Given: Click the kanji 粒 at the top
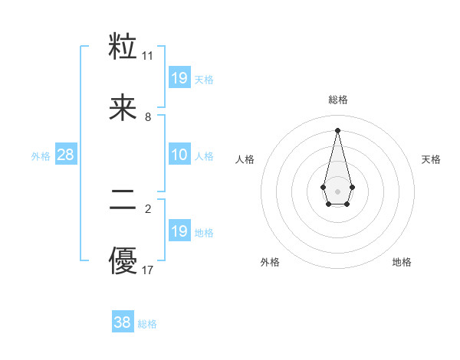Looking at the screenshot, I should [x=123, y=47].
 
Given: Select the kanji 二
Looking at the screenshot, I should [x=123, y=200].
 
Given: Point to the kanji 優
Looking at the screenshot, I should [x=123, y=261].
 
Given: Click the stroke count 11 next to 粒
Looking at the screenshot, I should [x=148, y=56].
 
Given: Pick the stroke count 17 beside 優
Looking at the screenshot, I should [x=148, y=270].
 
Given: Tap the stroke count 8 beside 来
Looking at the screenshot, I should [x=148, y=117].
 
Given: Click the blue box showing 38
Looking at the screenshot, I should [x=123, y=322].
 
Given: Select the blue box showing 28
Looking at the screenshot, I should [x=66, y=155].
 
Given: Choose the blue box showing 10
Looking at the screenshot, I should [x=179, y=155].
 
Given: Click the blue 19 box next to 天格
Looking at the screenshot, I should [x=179, y=77].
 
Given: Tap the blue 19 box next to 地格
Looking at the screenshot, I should [x=179, y=231].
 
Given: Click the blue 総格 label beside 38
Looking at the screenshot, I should [x=147, y=324].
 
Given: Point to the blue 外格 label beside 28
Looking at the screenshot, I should [x=41, y=156].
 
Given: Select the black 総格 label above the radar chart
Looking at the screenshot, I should [x=337, y=100].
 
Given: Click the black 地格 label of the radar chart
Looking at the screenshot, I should [x=402, y=262].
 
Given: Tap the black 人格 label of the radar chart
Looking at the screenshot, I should [x=245, y=159].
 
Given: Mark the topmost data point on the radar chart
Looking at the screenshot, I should [x=337, y=129].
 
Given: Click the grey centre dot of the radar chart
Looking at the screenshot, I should [x=337, y=190].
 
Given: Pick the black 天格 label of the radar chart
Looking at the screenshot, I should [x=431, y=159].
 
